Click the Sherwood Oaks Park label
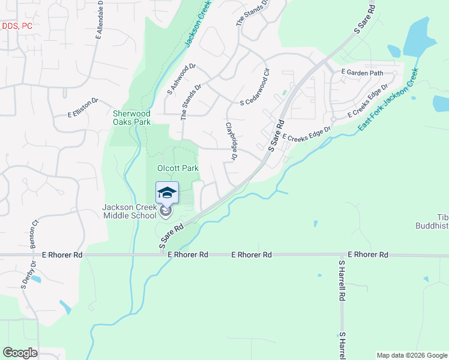coord(131,117)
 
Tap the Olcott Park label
coord(178,169)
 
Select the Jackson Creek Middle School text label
coord(129,211)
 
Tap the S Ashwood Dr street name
coord(181,80)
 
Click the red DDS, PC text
coord(17,26)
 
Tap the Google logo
coord(20,352)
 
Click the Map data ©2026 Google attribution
coord(411,355)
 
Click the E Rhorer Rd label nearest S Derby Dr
coord(62,255)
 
